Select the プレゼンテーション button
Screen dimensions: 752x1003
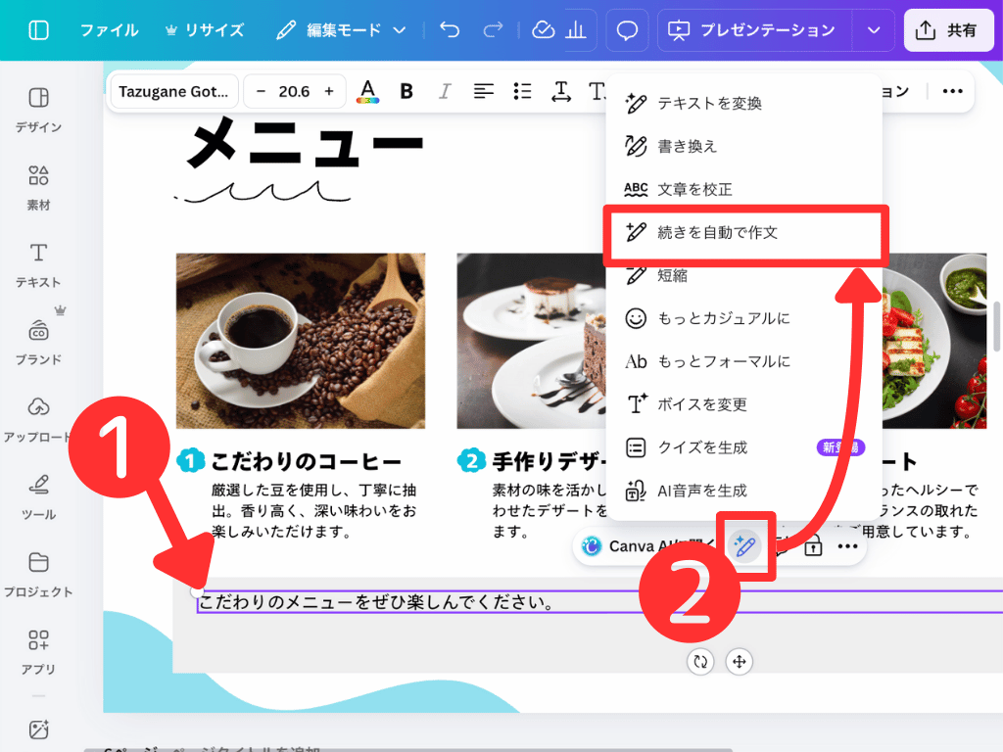[x=753, y=30]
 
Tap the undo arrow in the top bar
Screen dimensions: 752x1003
[x=450, y=30]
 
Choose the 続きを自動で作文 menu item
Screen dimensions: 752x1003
[x=717, y=232]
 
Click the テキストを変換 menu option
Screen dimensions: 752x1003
[x=709, y=103]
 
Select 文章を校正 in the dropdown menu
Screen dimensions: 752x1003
[x=694, y=189]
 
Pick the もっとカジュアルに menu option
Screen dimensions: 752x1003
[x=723, y=318]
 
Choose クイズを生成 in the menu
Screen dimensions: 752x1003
[x=701, y=447]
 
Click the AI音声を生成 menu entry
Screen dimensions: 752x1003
[x=701, y=491]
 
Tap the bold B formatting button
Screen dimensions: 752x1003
[x=406, y=91]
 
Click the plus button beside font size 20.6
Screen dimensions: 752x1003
[x=329, y=91]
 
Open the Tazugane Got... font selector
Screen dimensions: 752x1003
[x=173, y=91]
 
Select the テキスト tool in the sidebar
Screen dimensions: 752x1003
[x=38, y=262]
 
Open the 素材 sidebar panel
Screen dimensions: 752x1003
[x=38, y=185]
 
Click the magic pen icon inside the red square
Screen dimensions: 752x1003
[x=744, y=545]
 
